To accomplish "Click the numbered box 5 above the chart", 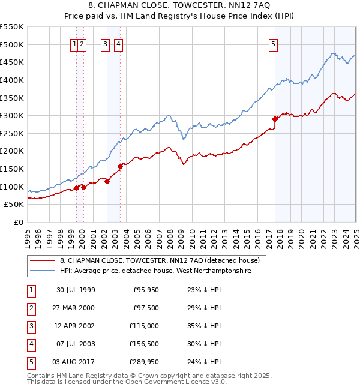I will coord(273,43).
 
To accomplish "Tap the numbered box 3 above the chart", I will coord(105,43).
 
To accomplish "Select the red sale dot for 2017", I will coord(275,119).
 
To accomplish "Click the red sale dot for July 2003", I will coord(121,166).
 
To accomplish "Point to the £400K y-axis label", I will coord(12,80).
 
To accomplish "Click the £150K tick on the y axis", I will coord(12,169).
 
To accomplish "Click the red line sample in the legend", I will coord(43,260).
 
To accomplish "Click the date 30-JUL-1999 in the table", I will coord(76,290).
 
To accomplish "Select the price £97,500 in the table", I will coord(146,308).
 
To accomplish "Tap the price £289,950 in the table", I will coord(143,362).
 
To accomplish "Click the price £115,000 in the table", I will coord(144,326).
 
